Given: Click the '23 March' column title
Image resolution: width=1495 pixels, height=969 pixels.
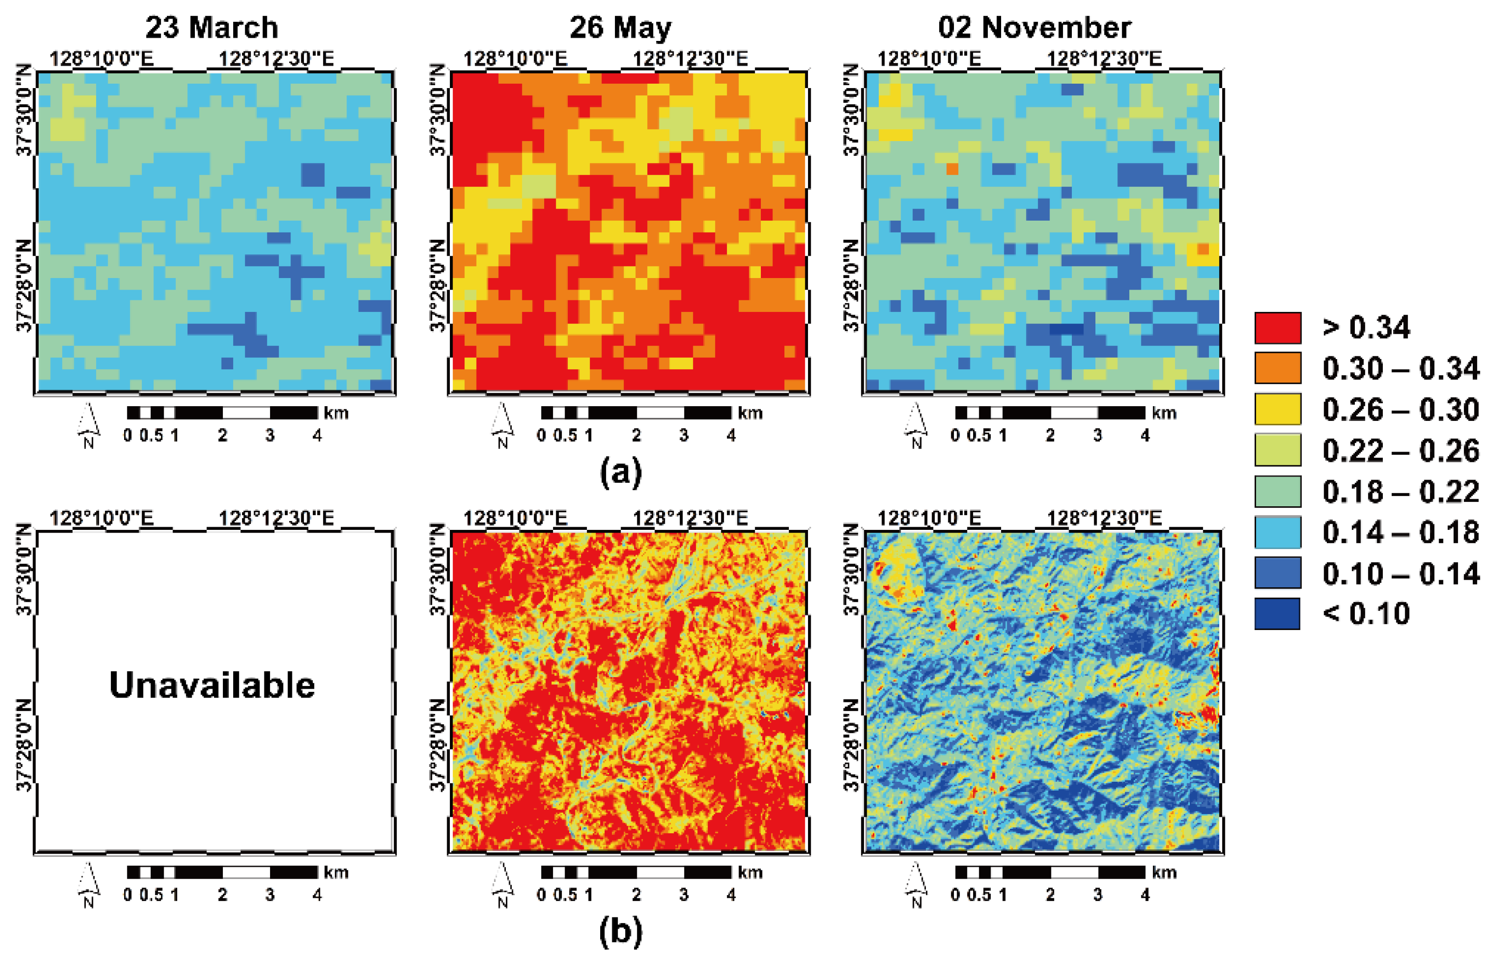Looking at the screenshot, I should (212, 28).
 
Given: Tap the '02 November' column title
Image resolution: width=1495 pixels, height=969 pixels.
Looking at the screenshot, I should (1034, 28).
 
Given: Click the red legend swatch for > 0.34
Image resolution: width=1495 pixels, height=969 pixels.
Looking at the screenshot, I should (1277, 328).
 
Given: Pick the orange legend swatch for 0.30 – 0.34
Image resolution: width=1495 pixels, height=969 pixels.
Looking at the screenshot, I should (1277, 368).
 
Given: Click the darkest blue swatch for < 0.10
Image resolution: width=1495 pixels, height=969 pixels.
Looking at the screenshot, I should (1277, 614).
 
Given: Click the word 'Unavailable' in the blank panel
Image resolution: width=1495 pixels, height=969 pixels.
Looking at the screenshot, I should (212, 685).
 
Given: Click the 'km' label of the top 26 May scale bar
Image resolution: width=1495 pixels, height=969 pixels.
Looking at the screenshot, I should (750, 413).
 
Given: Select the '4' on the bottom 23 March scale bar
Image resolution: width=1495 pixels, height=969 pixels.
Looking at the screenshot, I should (317, 895).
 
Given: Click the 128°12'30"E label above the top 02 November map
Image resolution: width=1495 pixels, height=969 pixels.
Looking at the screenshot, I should (1103, 59).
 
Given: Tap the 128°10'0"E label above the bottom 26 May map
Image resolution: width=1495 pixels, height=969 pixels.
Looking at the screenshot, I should (515, 518).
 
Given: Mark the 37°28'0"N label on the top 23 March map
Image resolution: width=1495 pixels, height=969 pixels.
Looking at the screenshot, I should (24, 286).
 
